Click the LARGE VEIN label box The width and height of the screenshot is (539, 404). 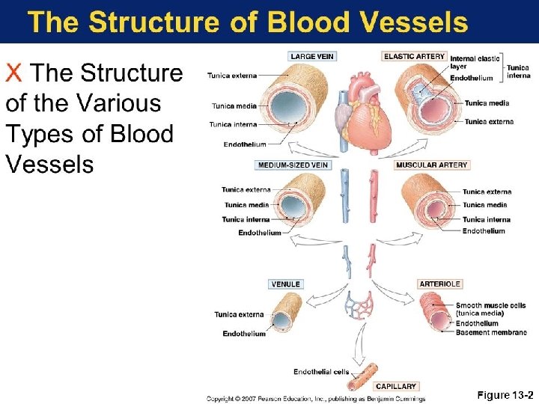(x=311, y=56)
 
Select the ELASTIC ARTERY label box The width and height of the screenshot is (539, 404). (x=415, y=56)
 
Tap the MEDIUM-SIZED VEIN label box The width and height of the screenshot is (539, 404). (x=293, y=165)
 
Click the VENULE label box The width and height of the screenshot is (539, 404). (x=286, y=284)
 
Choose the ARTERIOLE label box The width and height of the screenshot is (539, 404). (x=440, y=284)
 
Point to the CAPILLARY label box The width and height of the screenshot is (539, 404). (x=396, y=386)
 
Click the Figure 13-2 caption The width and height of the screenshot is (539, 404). (x=505, y=394)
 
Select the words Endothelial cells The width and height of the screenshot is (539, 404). (x=320, y=372)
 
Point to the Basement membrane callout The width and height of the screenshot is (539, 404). (x=491, y=332)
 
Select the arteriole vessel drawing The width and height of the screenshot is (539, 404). (x=433, y=313)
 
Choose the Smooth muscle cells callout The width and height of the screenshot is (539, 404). (x=490, y=309)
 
